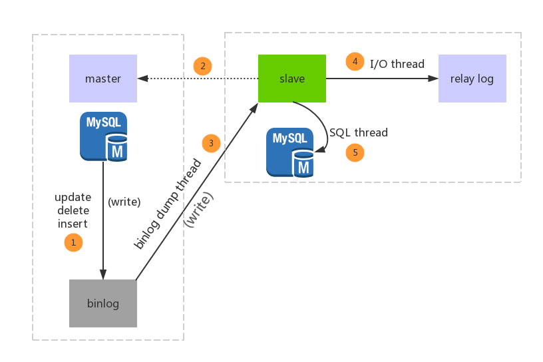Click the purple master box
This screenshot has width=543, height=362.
(103, 79)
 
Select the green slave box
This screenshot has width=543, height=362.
(292, 79)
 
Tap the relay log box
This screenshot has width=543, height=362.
(472, 79)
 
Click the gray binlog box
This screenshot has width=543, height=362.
(103, 303)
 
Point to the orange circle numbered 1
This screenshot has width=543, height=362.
(73, 242)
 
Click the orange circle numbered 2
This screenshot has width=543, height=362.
(202, 66)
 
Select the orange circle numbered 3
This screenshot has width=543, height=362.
(211, 143)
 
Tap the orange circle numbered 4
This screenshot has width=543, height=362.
(355, 61)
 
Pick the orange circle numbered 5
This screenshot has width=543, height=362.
(355, 152)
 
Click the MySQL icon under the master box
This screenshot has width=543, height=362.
(104, 136)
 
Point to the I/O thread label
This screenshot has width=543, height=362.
(397, 64)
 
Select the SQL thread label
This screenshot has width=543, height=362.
(359, 132)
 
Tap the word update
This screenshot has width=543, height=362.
(73, 198)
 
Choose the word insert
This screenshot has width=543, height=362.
(73, 224)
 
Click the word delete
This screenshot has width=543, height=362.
(73, 210)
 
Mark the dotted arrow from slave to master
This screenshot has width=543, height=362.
(198, 79)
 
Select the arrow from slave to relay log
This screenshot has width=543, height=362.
(382, 79)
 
